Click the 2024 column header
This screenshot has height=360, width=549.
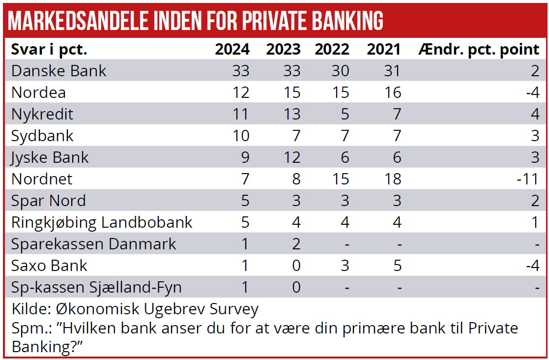coord(232,49)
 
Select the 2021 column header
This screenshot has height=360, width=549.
coord(384,49)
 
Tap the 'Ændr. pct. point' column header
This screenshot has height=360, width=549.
coord(479,49)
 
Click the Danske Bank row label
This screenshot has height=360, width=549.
coord(59,71)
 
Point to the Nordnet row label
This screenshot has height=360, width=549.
coord(42,179)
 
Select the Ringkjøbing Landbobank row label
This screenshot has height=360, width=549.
coord(102,222)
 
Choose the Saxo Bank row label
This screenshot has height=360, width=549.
coord(49,266)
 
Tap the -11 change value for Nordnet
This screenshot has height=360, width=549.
coord(528,179)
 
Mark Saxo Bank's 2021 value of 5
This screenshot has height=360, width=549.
coord(397,266)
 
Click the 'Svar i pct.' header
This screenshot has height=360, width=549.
coord(49,49)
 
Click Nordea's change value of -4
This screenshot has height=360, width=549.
coord(531,92)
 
